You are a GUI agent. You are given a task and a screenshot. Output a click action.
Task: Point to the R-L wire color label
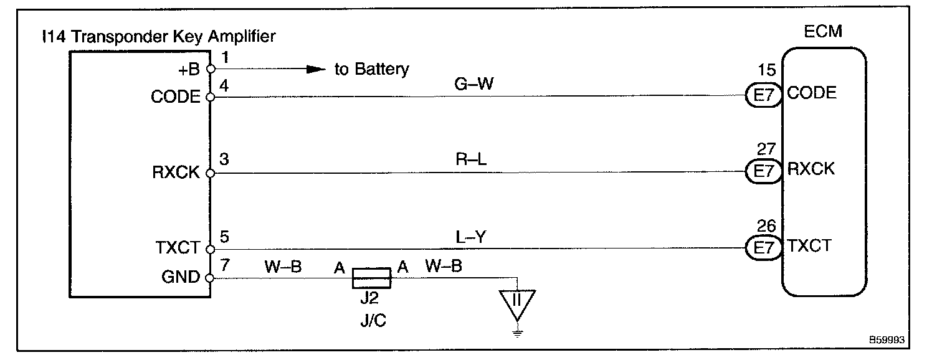coord(471,160)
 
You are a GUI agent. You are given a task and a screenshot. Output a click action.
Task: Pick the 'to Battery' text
coord(372,69)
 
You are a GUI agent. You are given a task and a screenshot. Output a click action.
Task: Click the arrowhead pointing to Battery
coord(317,69)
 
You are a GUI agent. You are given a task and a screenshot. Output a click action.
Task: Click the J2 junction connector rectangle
coord(371,278)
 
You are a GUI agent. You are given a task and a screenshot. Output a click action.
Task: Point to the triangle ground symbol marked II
coord(516,301)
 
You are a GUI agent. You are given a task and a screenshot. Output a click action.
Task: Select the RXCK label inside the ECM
coord(811,169)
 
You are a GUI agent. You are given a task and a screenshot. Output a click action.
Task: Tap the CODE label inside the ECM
coord(812,93)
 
